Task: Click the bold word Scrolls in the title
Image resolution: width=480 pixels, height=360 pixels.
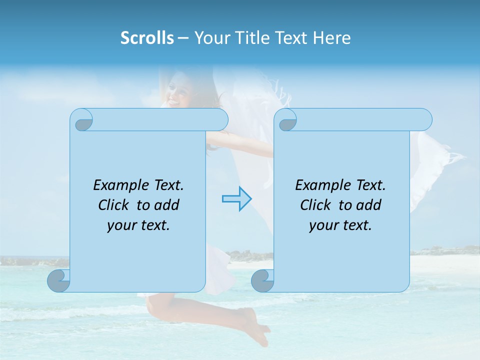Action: [x=147, y=38]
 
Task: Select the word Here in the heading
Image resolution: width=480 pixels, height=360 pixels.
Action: [x=332, y=38]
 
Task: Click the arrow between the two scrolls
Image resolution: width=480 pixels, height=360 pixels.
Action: [x=236, y=199]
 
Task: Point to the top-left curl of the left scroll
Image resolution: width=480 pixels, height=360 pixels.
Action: [x=82, y=120]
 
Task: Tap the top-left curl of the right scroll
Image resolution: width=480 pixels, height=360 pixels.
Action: [x=286, y=120]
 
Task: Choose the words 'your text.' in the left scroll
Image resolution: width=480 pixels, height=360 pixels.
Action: [x=138, y=225]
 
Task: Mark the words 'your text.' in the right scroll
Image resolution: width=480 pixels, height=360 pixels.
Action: [x=340, y=225]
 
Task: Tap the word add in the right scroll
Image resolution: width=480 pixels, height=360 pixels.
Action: [x=369, y=205]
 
